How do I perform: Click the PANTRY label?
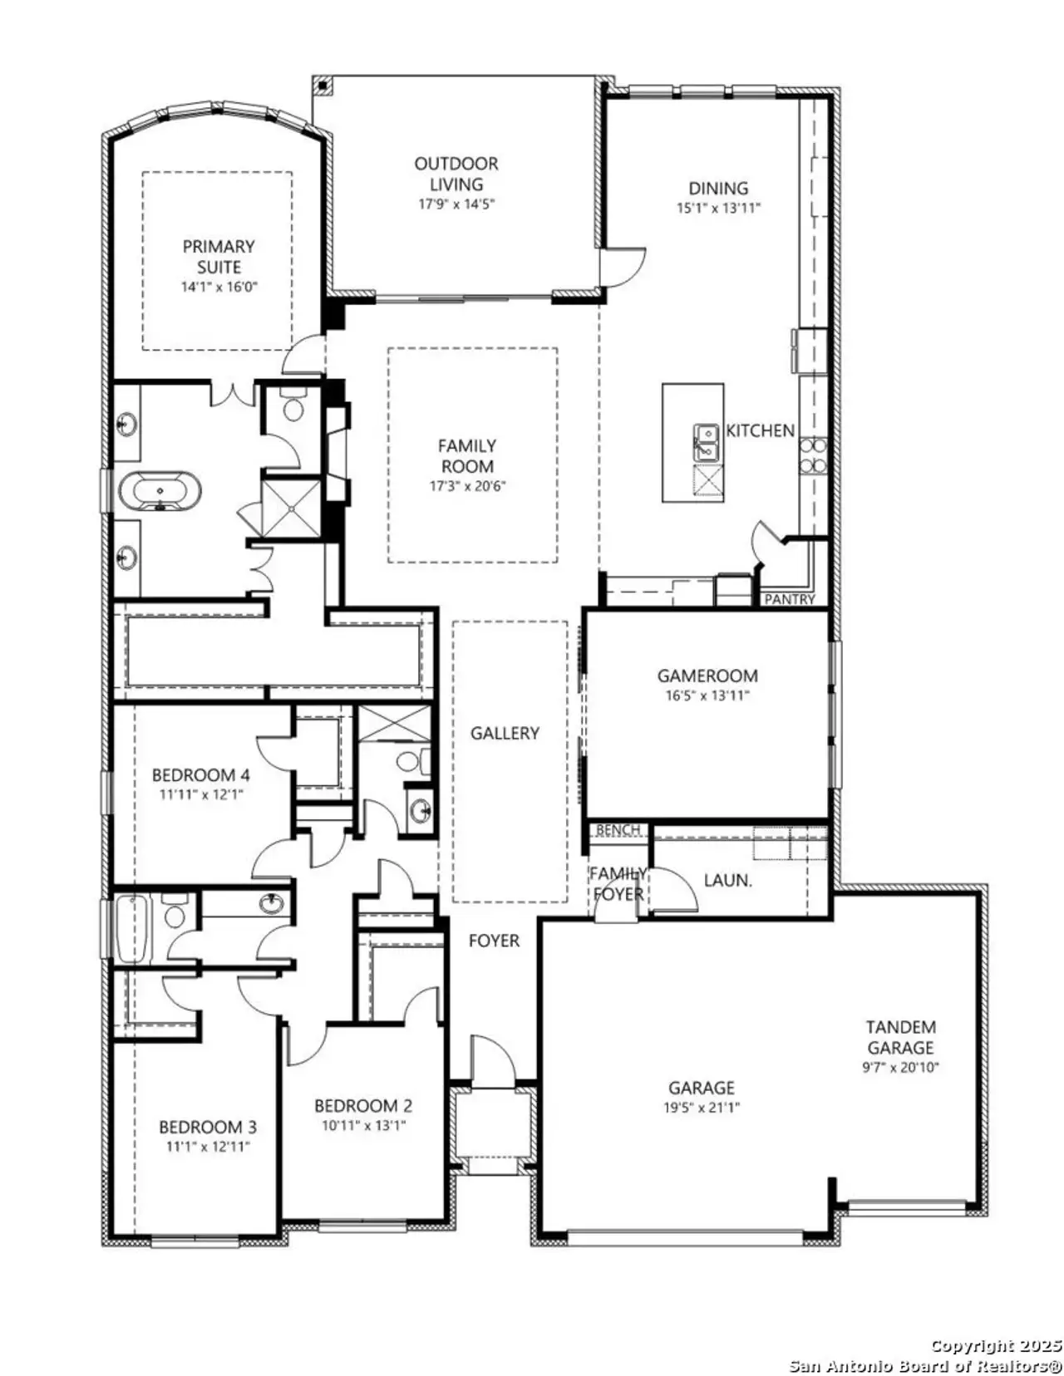tap(789, 599)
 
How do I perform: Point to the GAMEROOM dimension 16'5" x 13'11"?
tap(707, 696)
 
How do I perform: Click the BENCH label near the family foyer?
tap(618, 830)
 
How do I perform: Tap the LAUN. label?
tap(727, 880)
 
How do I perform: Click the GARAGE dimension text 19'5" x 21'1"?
tap(702, 1108)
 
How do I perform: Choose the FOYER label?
tap(494, 941)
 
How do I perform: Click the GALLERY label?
tap(505, 733)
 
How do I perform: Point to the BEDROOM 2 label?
tap(363, 1106)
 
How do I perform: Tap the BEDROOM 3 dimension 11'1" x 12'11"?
tap(208, 1147)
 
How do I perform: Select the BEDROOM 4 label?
tap(200, 775)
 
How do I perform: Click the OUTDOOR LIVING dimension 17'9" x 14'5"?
tap(456, 204)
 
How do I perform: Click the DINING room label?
tap(718, 188)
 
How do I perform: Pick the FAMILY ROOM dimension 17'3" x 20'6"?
tap(468, 486)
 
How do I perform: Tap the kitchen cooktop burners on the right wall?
tap(813, 455)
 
